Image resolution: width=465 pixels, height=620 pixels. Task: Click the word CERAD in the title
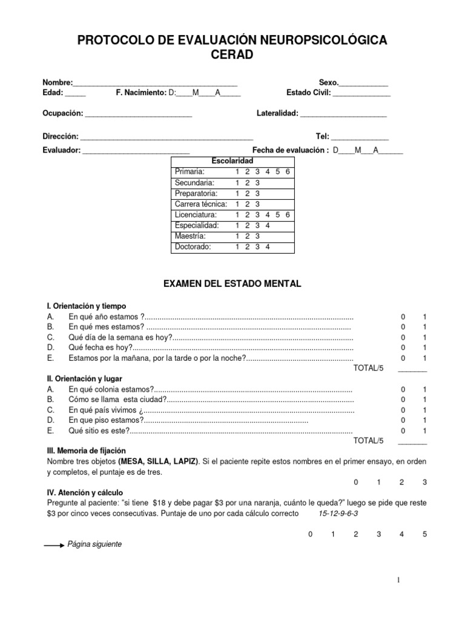pos(232,55)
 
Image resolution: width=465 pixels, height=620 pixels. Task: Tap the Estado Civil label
pos(308,93)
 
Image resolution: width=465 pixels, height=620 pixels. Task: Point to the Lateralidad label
pos(277,113)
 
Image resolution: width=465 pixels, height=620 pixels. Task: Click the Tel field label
pos(322,137)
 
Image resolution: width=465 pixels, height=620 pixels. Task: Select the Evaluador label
pos(61,150)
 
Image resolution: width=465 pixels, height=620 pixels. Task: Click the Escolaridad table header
pos(232,160)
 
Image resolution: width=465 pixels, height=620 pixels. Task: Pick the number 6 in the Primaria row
pos(288,171)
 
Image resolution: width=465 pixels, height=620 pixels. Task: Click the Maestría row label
pos(190,236)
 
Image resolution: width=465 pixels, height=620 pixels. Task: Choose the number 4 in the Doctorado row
pos(267,247)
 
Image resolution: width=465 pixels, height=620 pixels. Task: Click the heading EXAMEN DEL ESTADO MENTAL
pos(232,283)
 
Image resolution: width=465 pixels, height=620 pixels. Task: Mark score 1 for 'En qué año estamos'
pos(424,317)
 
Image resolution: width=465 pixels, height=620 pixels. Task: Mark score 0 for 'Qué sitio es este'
pos(403,430)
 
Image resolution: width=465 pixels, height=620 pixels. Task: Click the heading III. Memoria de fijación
pos(86,451)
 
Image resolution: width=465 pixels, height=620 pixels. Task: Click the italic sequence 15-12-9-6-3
pos(338,513)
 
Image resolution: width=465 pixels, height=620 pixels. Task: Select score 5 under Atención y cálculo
pos(424,534)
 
